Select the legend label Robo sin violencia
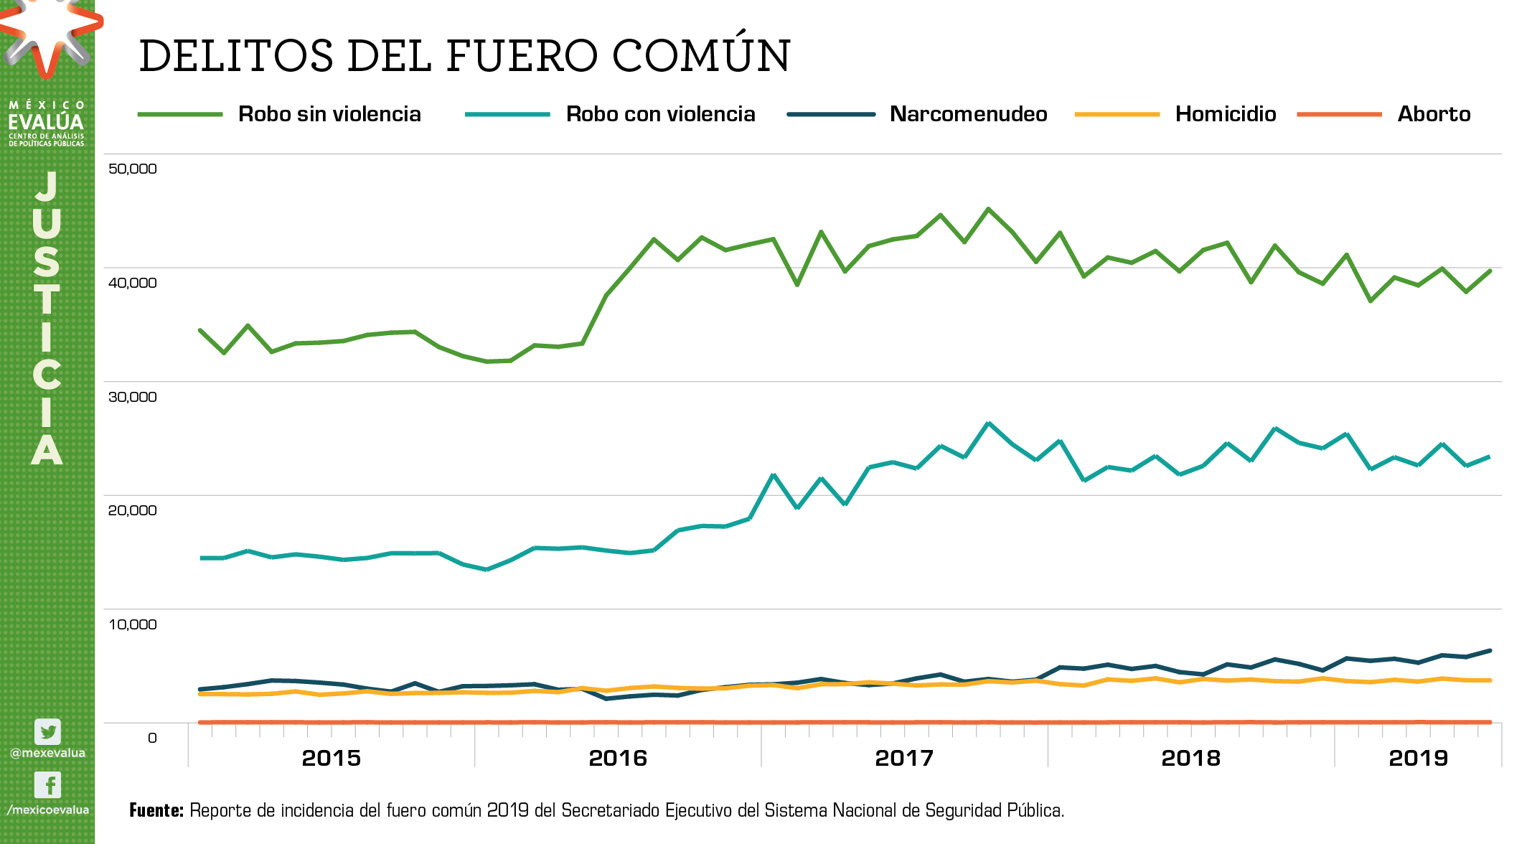tap(329, 114)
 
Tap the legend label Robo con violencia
tap(660, 114)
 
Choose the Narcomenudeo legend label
tap(968, 114)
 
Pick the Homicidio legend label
tap(1226, 114)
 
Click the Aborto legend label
tap(1434, 114)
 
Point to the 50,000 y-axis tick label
tap(132, 169)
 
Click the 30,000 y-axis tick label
tap(132, 397)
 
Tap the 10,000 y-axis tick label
tap(132, 624)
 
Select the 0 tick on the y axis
tap(152, 738)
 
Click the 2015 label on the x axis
tap(331, 758)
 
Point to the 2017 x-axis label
tap(904, 758)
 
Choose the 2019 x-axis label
tap(1418, 758)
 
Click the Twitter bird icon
tap(48, 732)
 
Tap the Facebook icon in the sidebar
tap(48, 785)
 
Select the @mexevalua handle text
tap(47, 753)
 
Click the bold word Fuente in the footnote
tap(156, 810)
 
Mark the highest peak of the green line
tap(988, 209)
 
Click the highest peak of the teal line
tap(988, 423)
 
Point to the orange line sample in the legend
tap(1339, 114)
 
